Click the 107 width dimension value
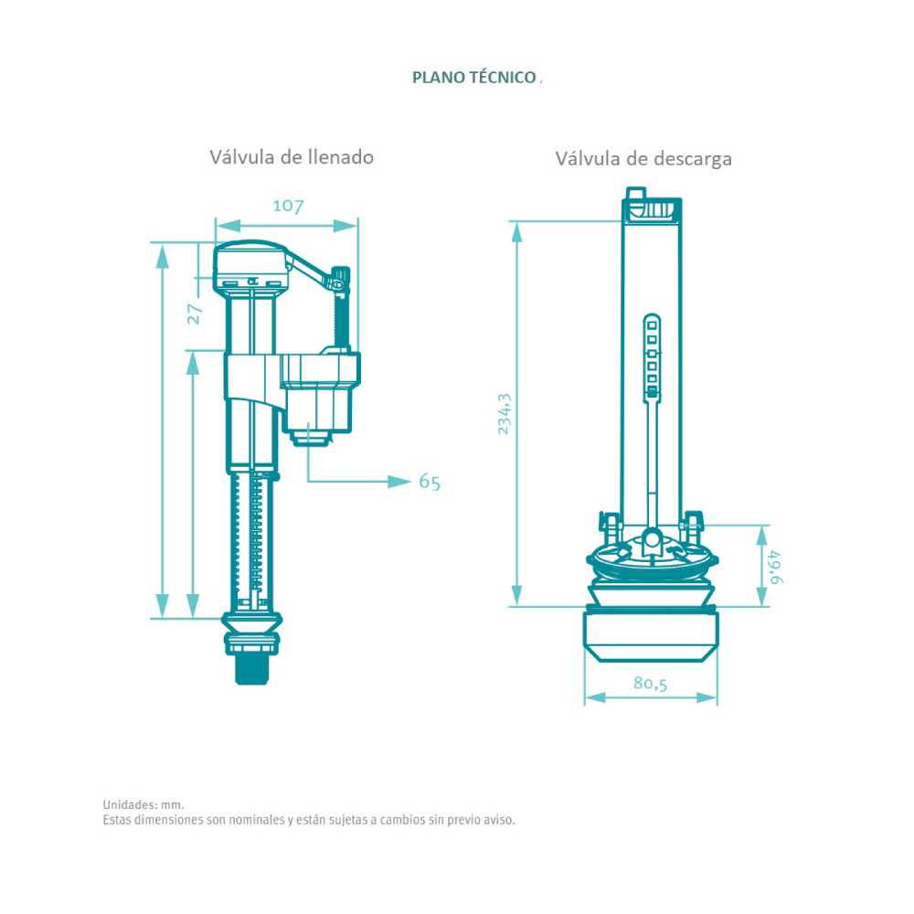(288, 206)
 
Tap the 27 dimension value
(195, 314)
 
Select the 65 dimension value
(430, 482)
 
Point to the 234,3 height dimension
(505, 414)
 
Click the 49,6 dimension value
(775, 568)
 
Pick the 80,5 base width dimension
(650, 683)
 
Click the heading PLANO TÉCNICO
(473, 78)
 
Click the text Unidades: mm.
(143, 805)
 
